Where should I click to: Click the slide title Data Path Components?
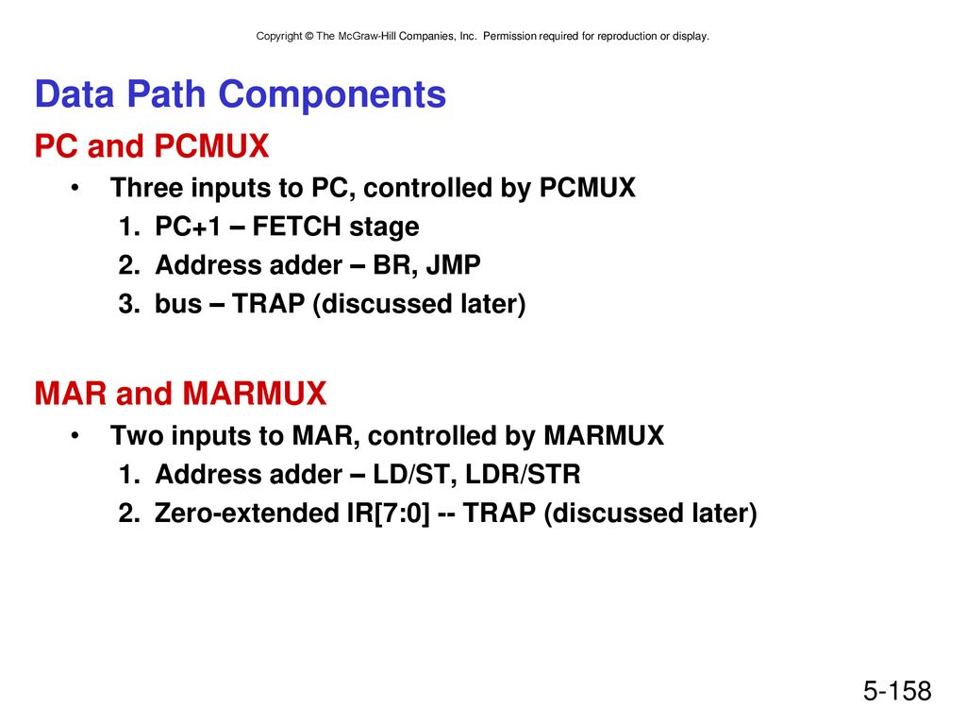[241, 95]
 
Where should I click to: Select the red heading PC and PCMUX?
[152, 146]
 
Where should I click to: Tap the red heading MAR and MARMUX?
[180, 394]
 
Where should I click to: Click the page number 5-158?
[897, 691]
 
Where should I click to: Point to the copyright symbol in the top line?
[309, 37]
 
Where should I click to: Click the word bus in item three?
[178, 304]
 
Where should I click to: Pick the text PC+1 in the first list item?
[188, 227]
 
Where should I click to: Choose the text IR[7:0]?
[388, 514]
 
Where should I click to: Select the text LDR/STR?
[523, 475]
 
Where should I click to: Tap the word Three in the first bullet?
[146, 188]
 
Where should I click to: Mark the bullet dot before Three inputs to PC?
[75, 188]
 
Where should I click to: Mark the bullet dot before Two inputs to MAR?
[75, 435]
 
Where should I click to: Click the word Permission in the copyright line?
[509, 37]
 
